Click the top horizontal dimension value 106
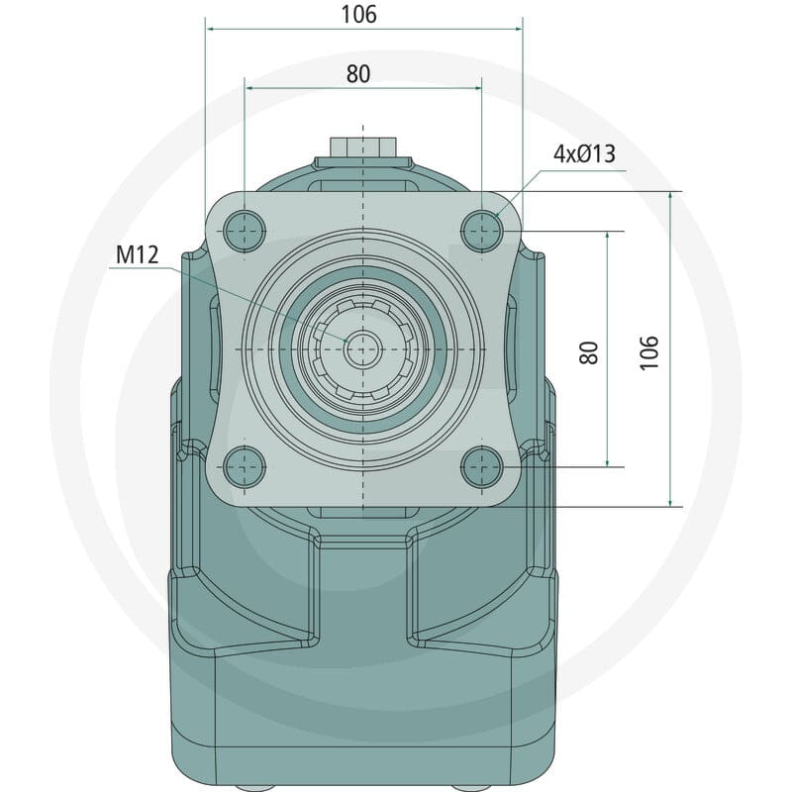[358, 14]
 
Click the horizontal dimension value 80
[358, 73]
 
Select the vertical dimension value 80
[589, 352]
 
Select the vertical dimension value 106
[649, 352]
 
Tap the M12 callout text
[137, 254]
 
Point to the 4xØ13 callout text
[584, 154]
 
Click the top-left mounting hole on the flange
[245, 231]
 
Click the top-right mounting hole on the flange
[482, 231]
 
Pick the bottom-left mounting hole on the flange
[245, 467]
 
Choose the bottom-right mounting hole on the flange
[482, 467]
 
